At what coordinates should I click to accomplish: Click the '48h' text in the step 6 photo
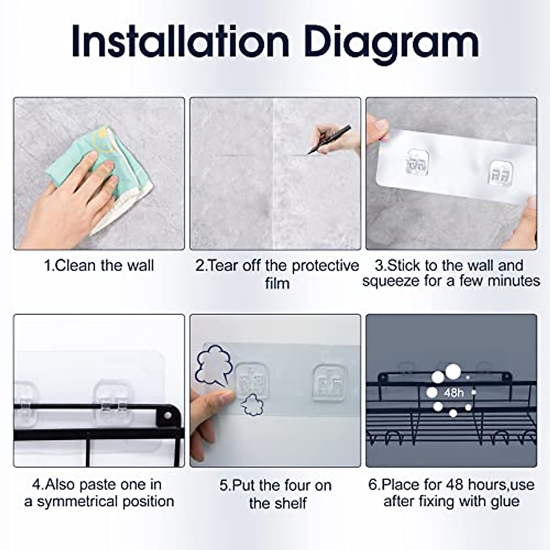click(x=454, y=393)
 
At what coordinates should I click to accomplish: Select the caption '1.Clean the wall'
click(x=99, y=265)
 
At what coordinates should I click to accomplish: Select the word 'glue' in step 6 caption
click(x=505, y=502)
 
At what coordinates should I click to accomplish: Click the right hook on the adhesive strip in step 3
click(x=501, y=173)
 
